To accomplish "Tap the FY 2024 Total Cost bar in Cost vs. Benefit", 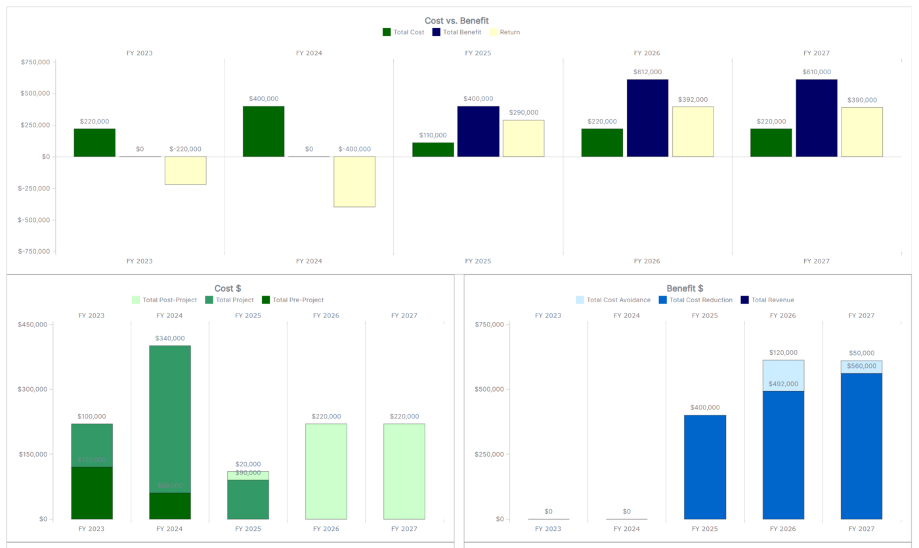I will click(263, 131).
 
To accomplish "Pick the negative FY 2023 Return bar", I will click(185, 170).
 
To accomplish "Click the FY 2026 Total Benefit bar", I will click(647, 118).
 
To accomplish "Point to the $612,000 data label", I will click(647, 72).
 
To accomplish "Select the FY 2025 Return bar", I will click(523, 138).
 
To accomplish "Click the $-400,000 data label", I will click(354, 149).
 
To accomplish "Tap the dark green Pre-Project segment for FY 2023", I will click(92, 493).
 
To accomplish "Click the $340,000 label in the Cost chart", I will click(170, 338).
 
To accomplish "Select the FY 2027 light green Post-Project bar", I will click(404, 471).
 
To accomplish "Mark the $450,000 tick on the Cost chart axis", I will click(33, 325).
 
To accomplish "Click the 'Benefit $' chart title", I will click(685, 288).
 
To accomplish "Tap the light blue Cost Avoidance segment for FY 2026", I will click(783, 375).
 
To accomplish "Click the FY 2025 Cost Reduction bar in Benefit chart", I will click(705, 467).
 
